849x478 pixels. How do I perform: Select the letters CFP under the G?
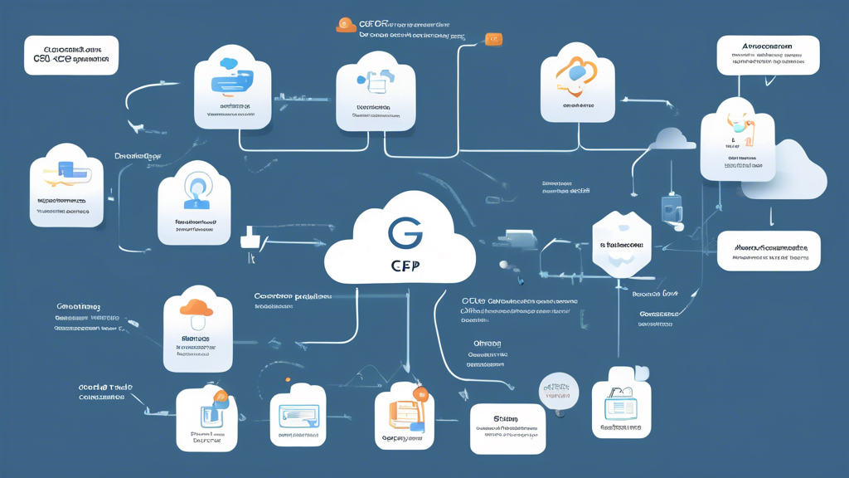405,266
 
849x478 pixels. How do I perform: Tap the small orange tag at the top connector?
493,39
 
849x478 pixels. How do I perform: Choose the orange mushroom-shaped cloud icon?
196,309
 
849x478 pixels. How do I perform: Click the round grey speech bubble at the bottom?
559,391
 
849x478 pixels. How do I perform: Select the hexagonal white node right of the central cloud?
622,244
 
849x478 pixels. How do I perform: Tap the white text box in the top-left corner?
71,55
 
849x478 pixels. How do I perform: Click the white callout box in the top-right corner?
767,54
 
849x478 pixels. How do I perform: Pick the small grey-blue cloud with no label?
672,139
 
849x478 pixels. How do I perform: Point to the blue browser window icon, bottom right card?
620,404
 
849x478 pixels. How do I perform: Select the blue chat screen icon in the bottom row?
298,415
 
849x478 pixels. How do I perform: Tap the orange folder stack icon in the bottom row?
405,411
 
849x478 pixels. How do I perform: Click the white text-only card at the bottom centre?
507,428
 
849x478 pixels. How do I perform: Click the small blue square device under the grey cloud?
672,208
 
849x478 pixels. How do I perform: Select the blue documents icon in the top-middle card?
376,81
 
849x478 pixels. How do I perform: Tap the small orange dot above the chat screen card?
288,380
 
